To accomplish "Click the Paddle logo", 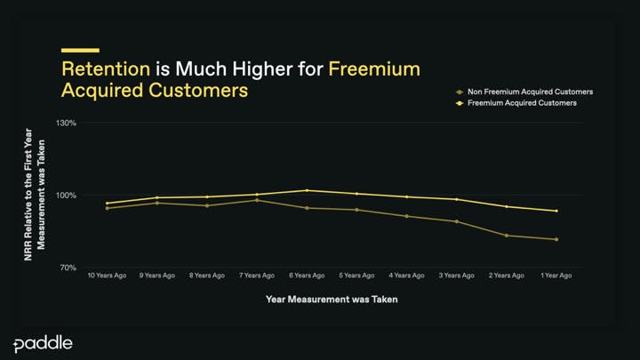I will (43, 344).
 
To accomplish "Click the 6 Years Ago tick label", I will (307, 276).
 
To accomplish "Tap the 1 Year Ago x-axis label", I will (556, 276).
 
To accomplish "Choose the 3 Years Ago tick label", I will (457, 276).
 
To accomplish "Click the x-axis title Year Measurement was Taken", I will (332, 299).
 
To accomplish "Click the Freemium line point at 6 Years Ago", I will (307, 190).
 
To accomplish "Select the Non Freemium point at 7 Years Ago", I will (257, 200).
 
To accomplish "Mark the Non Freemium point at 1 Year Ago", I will (556, 239).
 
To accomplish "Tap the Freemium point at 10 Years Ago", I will (108, 203).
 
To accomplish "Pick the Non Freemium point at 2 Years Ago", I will (507, 236).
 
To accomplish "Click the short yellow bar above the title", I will (79, 50).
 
